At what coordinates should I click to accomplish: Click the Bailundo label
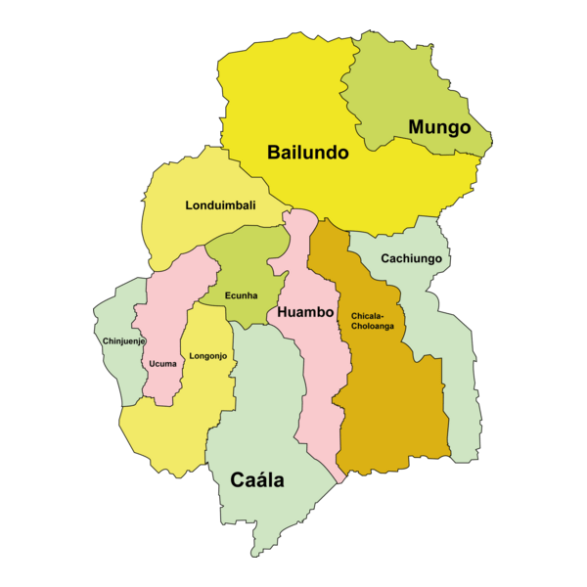pos(308,153)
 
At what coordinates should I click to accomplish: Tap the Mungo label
pos(439,127)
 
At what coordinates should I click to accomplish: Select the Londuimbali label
pos(220,205)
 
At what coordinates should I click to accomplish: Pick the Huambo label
pos(306,313)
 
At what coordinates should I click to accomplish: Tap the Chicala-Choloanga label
pos(373,321)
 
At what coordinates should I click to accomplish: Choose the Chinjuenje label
pos(124,341)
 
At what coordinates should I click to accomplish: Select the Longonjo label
pos(208,356)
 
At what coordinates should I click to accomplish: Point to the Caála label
pos(257,480)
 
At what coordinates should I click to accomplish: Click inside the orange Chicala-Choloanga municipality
pos(391,411)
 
